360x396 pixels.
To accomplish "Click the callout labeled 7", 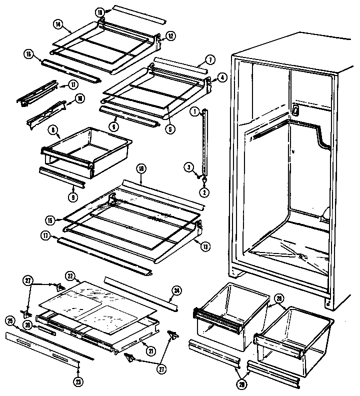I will click(x=211, y=59).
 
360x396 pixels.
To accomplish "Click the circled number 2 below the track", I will click(x=204, y=192).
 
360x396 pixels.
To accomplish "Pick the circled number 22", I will click(x=70, y=275).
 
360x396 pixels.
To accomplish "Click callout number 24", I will click(x=176, y=289).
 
